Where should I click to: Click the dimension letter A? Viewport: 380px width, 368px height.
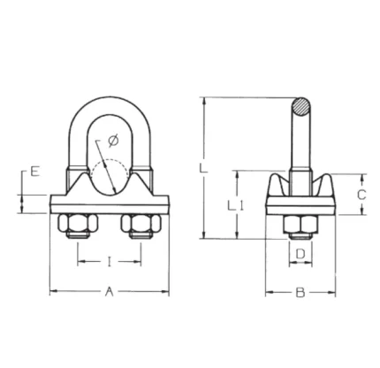pos(110,292)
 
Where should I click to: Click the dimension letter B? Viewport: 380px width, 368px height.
pos(300,293)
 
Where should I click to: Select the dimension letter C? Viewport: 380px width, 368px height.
pos(361,195)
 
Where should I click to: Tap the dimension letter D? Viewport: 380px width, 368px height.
pos(300,254)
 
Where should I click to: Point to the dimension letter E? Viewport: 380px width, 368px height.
pos(34,172)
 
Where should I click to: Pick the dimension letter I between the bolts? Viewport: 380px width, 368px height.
pos(110,262)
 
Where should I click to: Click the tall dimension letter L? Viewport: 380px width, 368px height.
pos(203,169)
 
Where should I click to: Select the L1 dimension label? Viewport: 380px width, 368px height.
pos(235,205)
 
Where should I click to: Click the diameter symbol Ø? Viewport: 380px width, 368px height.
pos(113,141)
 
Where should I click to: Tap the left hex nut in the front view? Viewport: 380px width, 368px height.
pos(78,224)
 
